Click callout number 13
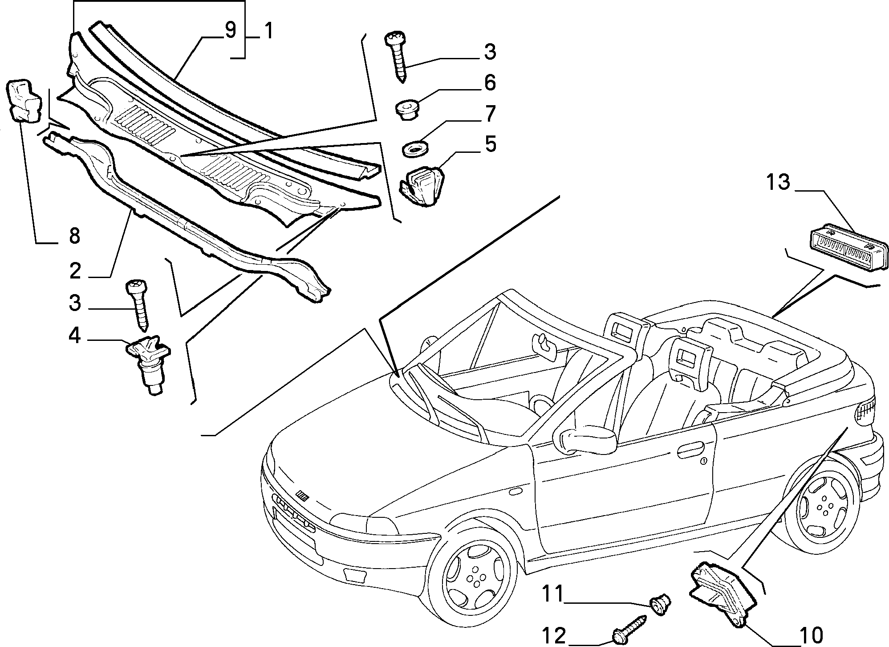[778, 182]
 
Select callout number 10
[812, 635]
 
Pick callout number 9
[230, 31]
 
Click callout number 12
[553, 635]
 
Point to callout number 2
[75, 270]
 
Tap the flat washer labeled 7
[414, 149]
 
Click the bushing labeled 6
[406, 109]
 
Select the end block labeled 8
[25, 100]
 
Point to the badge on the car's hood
[303, 496]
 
